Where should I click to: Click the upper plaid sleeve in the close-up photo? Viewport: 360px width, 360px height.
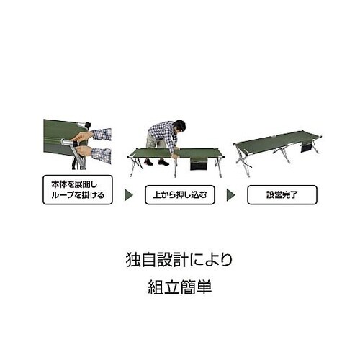tap(102, 134)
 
